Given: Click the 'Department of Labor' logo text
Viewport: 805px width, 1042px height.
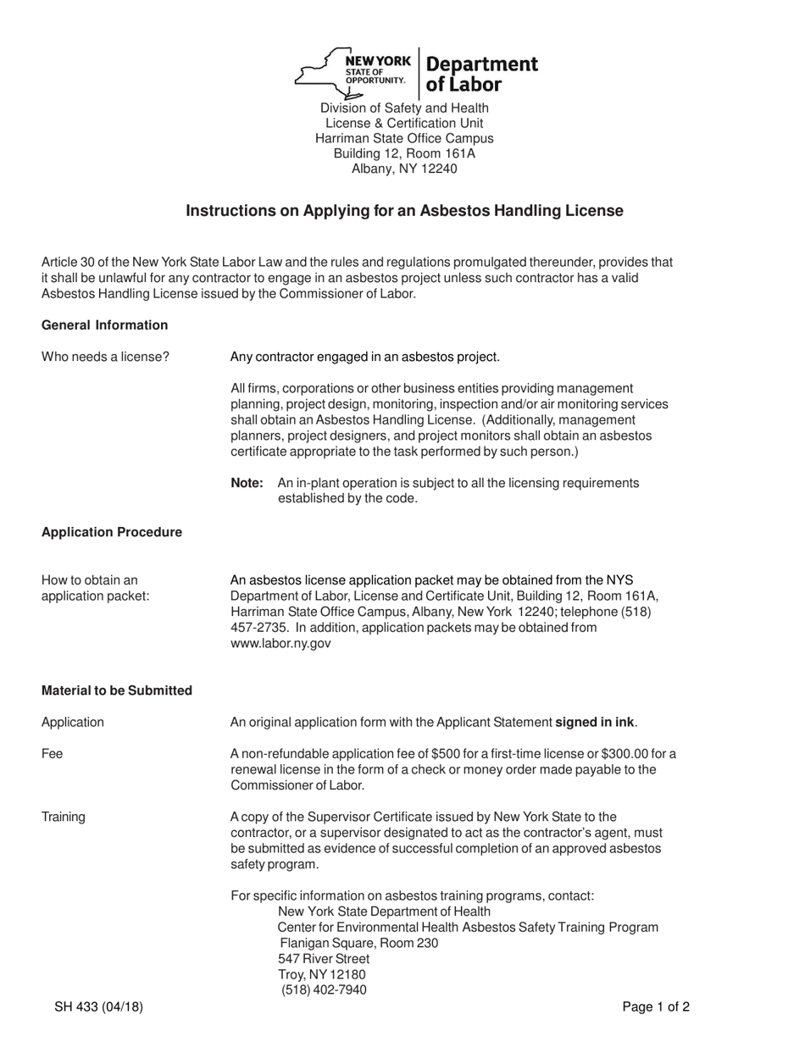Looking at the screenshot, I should pos(480,74).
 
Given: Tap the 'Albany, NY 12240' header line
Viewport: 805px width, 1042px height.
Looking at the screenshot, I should pos(404,169).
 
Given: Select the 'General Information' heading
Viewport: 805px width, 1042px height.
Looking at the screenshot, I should pos(104,325).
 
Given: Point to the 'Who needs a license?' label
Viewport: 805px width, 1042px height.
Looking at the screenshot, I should pos(105,357).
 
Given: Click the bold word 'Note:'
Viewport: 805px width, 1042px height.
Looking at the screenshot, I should pos(247,483).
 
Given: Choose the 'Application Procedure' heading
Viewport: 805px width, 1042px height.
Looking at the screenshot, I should pos(112,532).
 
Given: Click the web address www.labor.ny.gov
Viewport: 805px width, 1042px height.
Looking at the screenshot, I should pos(280,643).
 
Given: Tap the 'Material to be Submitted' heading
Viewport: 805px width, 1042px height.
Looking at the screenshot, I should pos(117,690).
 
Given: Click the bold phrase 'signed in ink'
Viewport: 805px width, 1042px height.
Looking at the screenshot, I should pos(594,723).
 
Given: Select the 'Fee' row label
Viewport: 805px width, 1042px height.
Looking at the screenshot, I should pos(52,754).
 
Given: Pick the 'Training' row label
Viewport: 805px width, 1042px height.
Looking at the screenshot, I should pos(64,817).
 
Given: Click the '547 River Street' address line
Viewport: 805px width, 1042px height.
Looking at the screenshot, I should pos(324,959).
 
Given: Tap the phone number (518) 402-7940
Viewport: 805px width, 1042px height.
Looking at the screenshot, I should pos(324,989).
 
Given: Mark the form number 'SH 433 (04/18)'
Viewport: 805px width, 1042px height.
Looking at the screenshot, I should pos(98,1006).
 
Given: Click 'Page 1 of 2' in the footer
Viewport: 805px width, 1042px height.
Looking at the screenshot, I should pos(656,1006).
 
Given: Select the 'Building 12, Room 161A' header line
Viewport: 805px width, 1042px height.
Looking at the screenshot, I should pos(404,153).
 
